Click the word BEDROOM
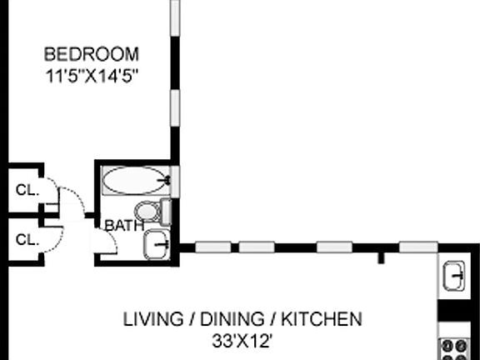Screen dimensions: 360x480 point(91,55)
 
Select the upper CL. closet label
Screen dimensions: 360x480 point(27,189)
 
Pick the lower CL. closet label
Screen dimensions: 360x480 point(27,239)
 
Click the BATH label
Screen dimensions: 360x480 point(123,225)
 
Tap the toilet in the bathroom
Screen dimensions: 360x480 point(152,211)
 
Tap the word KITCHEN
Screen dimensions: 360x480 point(321,318)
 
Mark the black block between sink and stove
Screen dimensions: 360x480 point(455,314)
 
